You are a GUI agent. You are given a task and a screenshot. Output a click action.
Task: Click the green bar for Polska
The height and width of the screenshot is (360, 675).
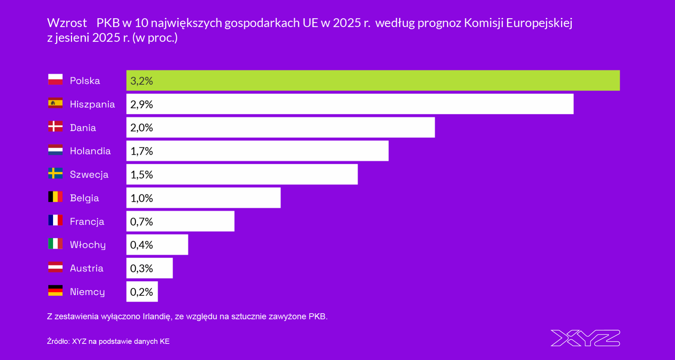click(373, 81)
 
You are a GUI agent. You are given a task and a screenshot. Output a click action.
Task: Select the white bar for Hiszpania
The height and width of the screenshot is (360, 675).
click(350, 104)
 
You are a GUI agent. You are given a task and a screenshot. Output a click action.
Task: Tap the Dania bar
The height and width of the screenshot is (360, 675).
click(281, 128)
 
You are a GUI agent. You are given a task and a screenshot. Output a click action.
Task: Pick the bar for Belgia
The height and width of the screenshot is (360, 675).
click(203, 198)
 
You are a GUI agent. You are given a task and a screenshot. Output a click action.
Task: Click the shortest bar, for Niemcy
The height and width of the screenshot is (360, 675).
click(142, 292)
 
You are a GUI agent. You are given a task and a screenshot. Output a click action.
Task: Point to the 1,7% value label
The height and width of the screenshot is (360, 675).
click(142, 151)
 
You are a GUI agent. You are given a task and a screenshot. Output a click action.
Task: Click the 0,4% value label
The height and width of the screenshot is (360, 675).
click(141, 245)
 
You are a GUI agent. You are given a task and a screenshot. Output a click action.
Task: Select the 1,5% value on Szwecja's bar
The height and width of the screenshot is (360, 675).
click(142, 175)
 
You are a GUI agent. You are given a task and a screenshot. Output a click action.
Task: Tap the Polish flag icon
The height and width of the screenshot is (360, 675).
click(55, 79)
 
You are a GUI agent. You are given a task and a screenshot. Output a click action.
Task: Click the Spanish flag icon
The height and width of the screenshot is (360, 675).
click(55, 103)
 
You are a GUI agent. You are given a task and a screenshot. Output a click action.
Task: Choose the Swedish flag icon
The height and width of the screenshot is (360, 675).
click(55, 173)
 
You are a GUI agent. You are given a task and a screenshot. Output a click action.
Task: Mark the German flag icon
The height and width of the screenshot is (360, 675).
click(55, 290)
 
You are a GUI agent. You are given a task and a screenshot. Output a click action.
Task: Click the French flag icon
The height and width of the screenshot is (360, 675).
click(55, 220)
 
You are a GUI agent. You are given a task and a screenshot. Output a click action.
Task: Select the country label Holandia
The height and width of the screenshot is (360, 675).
click(90, 151)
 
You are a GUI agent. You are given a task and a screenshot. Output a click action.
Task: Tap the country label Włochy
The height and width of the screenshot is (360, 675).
click(88, 245)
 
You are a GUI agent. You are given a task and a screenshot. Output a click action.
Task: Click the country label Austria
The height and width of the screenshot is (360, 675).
click(86, 268)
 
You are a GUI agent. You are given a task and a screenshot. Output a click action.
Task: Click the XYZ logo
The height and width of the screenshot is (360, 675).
click(585, 338)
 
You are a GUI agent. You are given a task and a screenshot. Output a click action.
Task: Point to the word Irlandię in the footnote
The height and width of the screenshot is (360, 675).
click(157, 316)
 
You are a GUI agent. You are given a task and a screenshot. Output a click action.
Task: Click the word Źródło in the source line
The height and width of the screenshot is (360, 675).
click(58, 341)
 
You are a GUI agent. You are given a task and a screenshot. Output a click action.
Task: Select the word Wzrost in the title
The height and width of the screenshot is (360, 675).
click(67, 23)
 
